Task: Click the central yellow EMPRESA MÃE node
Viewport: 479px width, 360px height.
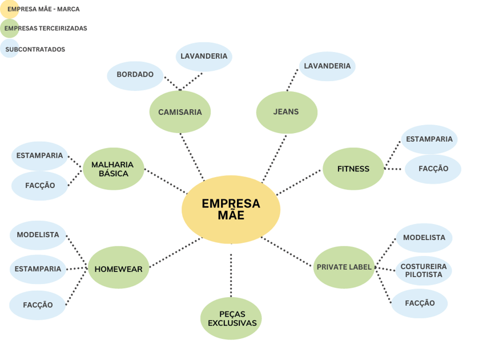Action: tap(231, 210)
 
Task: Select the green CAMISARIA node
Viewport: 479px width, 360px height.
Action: tap(180, 112)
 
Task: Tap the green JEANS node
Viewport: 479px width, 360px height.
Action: tap(286, 112)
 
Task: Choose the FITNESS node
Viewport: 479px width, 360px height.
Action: tap(353, 169)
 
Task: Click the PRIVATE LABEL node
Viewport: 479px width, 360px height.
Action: tap(344, 267)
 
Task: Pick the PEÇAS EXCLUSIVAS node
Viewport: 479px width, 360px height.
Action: tap(231, 318)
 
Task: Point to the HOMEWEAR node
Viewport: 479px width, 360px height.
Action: tap(118, 268)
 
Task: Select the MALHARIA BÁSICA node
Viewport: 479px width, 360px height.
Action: tap(113, 169)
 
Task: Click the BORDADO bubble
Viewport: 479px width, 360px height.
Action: tap(135, 75)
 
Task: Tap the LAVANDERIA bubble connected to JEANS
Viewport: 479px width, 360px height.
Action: tap(327, 66)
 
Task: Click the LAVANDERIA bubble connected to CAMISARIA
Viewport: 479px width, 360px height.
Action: tap(204, 57)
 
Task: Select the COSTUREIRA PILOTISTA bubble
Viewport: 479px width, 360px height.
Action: tap(424, 270)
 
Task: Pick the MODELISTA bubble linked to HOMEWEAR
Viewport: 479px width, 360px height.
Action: tap(38, 235)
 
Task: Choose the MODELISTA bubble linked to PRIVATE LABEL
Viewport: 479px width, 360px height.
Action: tap(424, 238)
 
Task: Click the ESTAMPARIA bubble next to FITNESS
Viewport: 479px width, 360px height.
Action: tap(429, 139)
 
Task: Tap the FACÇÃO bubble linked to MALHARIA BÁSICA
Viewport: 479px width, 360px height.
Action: tap(40, 186)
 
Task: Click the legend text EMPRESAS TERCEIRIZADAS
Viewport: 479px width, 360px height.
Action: tap(46, 28)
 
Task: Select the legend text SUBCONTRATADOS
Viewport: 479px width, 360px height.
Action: tap(35, 49)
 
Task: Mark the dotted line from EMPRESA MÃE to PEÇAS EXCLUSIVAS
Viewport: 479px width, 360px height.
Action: tap(231, 275)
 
